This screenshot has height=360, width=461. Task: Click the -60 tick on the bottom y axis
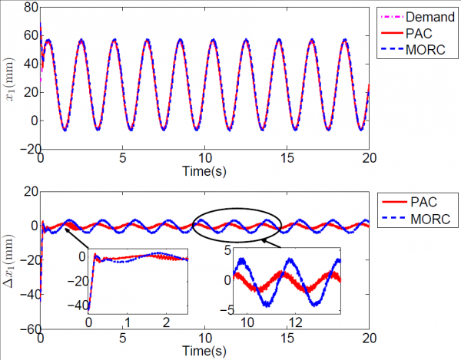coord(26,329)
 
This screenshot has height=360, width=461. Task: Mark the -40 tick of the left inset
coord(76,306)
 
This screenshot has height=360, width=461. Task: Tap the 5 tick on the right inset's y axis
coord(228,251)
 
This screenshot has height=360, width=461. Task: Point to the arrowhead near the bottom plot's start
coord(65,229)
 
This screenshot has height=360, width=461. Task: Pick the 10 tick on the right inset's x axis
coord(247,318)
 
